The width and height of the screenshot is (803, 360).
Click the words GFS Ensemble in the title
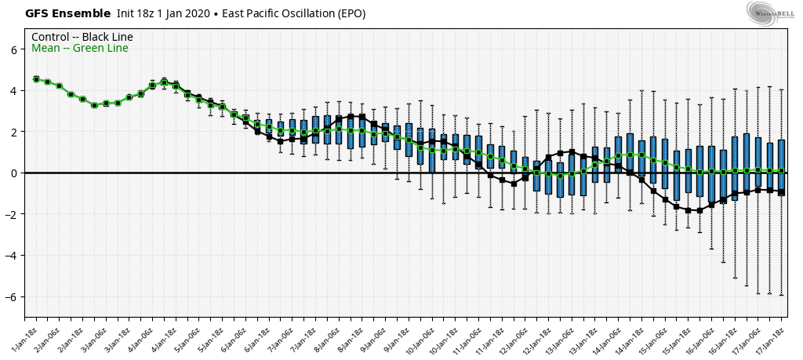[x=57, y=13]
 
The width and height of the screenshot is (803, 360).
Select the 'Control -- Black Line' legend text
[x=82, y=37]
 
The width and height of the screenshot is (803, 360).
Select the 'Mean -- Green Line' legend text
[x=80, y=49]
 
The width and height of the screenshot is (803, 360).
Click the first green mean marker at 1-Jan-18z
[x=36, y=79]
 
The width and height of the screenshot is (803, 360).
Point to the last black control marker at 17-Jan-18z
[x=782, y=191]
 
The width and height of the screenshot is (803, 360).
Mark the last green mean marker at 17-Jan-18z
[x=782, y=171]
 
